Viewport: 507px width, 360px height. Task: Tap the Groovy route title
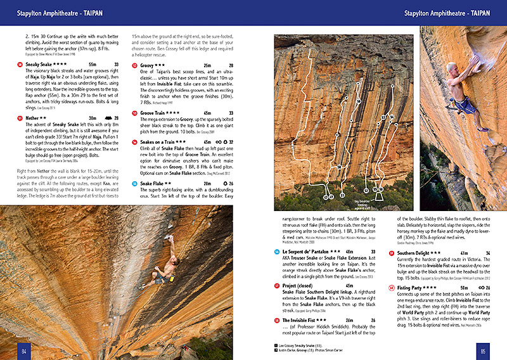148,65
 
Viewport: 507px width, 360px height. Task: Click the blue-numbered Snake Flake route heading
151,183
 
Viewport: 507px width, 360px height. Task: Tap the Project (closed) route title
302,286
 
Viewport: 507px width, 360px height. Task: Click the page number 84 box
23,350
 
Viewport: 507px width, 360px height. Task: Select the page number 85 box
482,350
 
